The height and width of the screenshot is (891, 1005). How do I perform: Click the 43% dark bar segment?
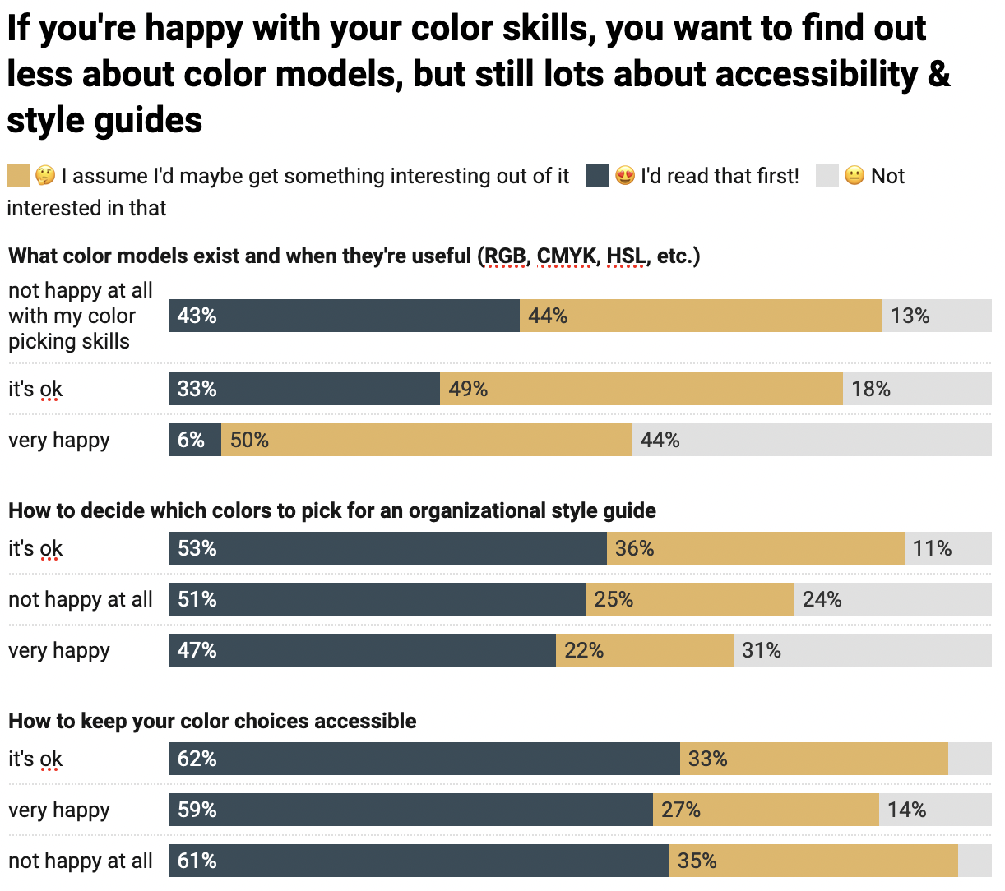pos(344,316)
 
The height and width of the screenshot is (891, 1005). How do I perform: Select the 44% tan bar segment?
pos(701,316)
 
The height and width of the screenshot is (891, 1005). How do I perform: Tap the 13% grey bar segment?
pos(937,316)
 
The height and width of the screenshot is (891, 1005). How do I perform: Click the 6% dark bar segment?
pos(195,440)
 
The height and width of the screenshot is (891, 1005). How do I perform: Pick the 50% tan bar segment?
pos(426,440)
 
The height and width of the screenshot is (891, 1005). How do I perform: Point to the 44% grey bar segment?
pos(812,440)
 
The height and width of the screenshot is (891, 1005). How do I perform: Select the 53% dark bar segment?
pos(387,548)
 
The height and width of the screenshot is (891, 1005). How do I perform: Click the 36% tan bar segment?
pos(755,548)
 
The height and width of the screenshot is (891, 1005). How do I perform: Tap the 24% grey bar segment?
pos(892,599)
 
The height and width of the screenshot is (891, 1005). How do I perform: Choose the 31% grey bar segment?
pos(862,650)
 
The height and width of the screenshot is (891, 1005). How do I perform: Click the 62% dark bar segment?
pos(424,759)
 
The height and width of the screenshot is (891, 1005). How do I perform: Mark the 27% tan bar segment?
pos(766,810)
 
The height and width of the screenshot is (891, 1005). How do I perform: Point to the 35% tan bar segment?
pos(813,861)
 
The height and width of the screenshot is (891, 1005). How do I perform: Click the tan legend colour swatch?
pos(18,176)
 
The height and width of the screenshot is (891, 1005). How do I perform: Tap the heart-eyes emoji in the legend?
pos(625,176)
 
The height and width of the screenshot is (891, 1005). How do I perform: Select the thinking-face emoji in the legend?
pos(45,176)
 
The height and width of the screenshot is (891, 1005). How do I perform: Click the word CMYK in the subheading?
pos(566,256)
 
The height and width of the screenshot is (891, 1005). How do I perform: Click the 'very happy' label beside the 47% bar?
pos(59,650)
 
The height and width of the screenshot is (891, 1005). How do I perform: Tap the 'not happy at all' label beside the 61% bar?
pos(81,861)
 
